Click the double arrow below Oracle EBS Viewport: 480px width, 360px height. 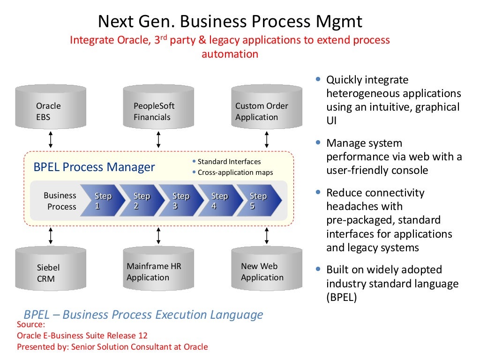point(51,140)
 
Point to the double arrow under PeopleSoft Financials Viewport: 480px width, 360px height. point(158,140)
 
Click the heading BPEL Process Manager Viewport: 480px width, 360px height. point(94,167)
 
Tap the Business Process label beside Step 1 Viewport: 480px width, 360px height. point(60,201)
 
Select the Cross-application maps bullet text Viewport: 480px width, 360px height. point(235,172)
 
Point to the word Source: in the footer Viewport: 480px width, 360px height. point(31,324)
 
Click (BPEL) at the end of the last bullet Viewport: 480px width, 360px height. point(342,297)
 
